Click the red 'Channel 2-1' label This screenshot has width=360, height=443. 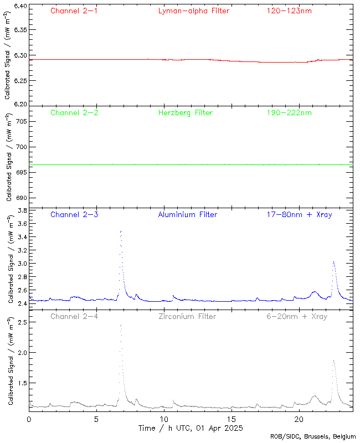pyautogui.click(x=74, y=11)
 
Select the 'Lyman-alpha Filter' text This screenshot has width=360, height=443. pyautogui.click(x=193, y=11)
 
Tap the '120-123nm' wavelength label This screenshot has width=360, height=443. pyautogui.click(x=289, y=11)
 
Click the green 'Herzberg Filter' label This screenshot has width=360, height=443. pyautogui.click(x=186, y=112)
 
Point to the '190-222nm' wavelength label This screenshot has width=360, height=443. pyautogui.click(x=289, y=112)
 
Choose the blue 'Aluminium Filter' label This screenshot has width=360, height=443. pyautogui.click(x=188, y=214)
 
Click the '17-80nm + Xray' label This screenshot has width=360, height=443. pyautogui.click(x=299, y=214)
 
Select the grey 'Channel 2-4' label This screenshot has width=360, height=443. pyautogui.click(x=74, y=316)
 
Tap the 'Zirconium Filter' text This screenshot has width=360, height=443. pyautogui.click(x=187, y=316)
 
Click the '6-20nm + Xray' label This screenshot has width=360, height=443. pyautogui.click(x=296, y=316)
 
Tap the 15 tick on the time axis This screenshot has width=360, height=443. pyautogui.click(x=231, y=419)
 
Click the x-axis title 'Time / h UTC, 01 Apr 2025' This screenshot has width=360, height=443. pyautogui.click(x=191, y=428)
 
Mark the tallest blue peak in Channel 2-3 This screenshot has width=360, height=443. pyautogui.click(x=120, y=231)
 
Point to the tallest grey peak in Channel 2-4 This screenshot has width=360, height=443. pyautogui.click(x=120, y=325)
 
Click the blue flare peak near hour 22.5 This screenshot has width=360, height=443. pyautogui.click(x=333, y=261)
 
